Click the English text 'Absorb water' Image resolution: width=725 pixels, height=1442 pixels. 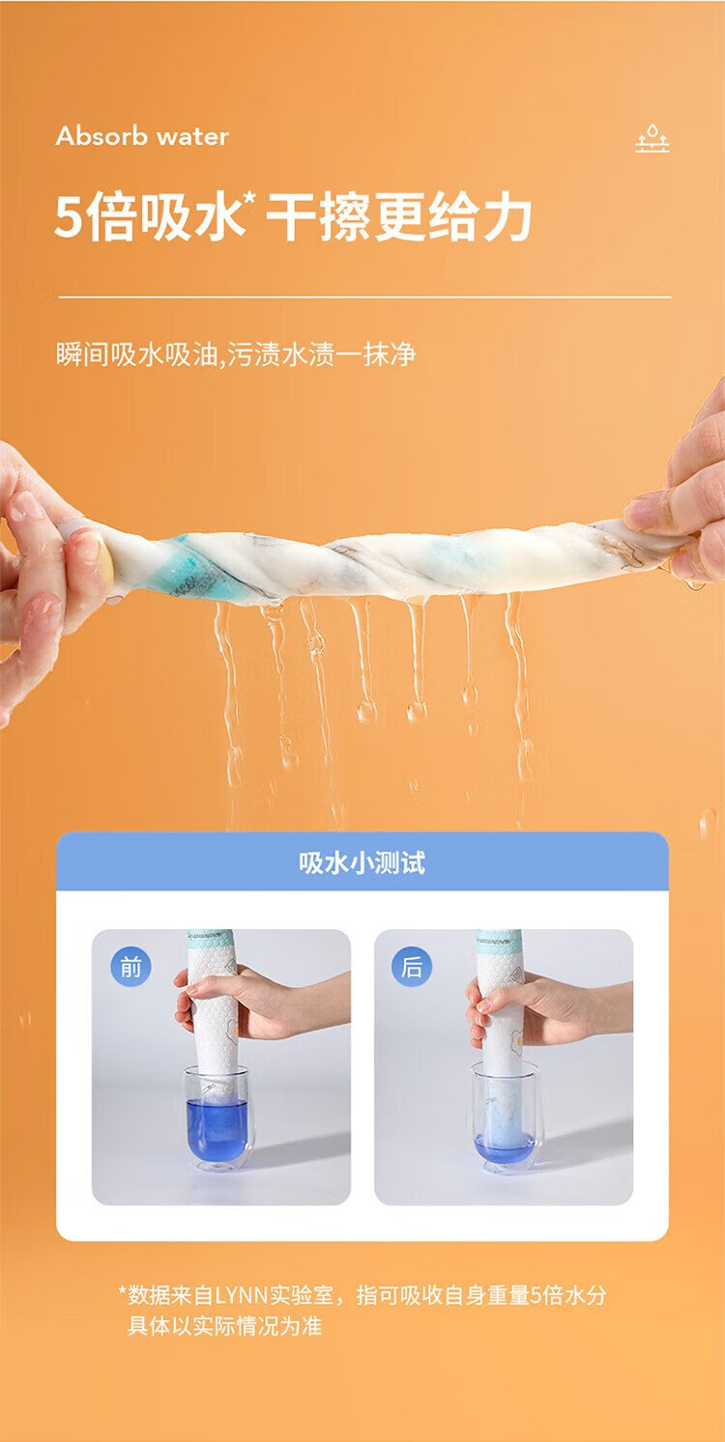(x=142, y=136)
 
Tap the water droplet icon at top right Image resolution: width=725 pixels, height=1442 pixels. (x=652, y=138)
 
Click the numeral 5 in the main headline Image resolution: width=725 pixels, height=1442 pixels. (x=69, y=218)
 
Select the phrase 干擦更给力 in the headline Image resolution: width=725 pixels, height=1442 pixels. (x=399, y=217)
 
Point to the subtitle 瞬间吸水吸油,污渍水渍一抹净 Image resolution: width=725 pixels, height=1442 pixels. (x=236, y=354)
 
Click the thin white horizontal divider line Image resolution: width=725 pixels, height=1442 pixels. (x=364, y=297)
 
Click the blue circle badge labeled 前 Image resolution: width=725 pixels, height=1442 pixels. (x=130, y=967)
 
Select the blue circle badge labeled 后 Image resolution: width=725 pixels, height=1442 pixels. (x=412, y=967)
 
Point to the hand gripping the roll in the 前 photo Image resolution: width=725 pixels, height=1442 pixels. (x=258, y=1002)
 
